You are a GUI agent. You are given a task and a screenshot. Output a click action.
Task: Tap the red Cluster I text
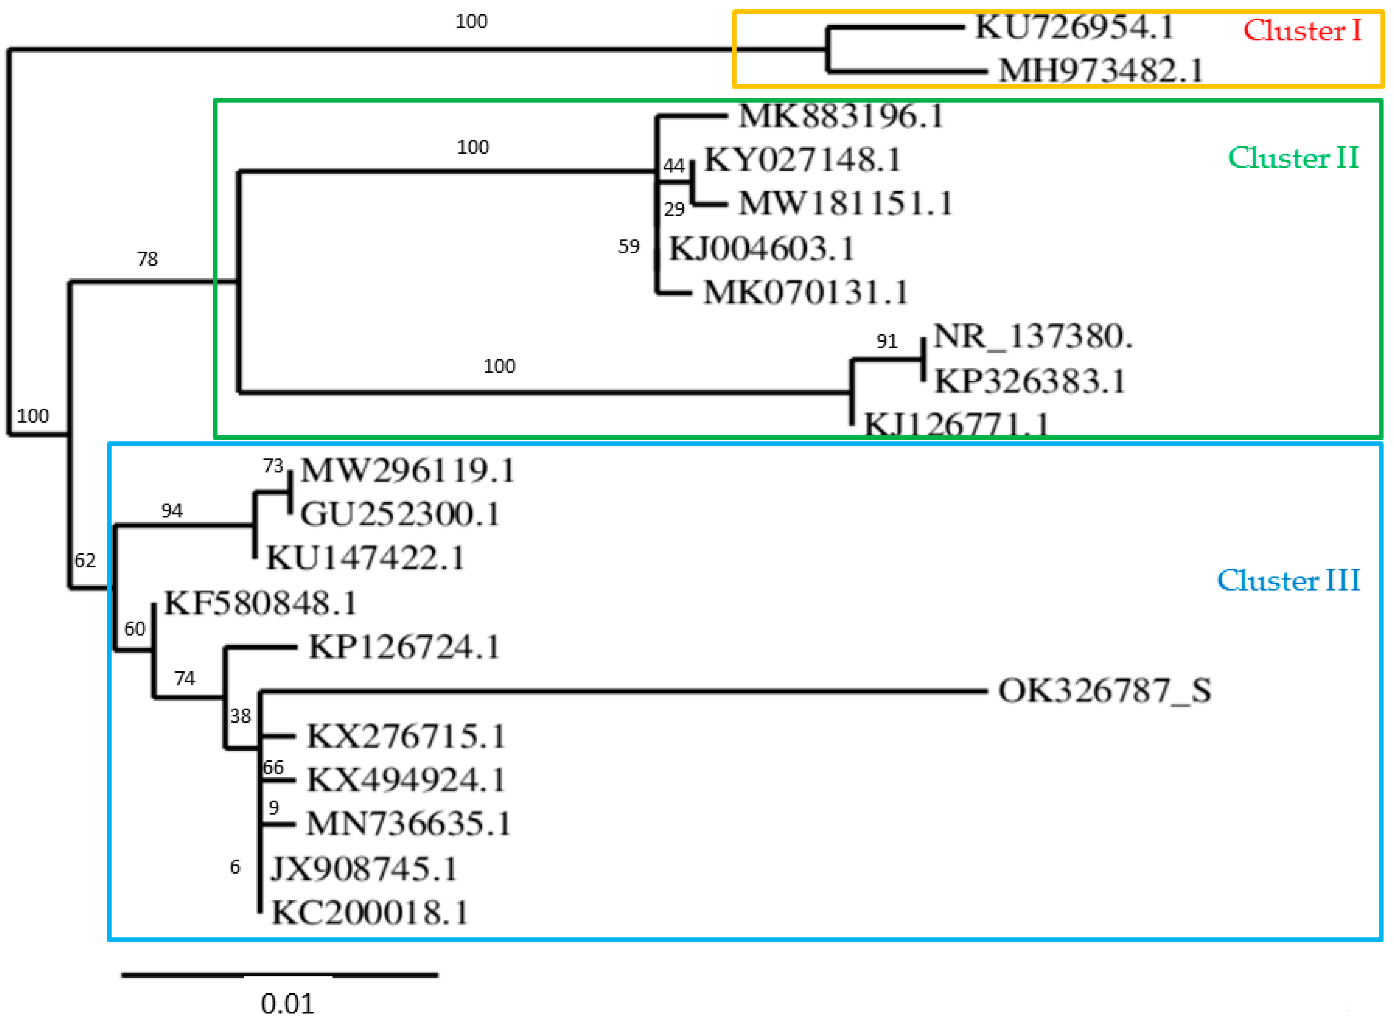pyautogui.click(x=1302, y=31)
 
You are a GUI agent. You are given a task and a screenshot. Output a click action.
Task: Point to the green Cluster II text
pyautogui.click(x=1293, y=158)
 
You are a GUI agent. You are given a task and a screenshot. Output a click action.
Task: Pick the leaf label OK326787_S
pyautogui.click(x=1104, y=691)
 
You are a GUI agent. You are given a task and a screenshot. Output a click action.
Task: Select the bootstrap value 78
pyautogui.click(x=147, y=259)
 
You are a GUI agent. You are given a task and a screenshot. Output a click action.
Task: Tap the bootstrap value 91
pyautogui.click(x=887, y=341)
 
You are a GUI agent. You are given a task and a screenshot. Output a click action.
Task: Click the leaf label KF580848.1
pyautogui.click(x=261, y=604)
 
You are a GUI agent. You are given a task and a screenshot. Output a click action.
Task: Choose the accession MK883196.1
pyautogui.click(x=841, y=116)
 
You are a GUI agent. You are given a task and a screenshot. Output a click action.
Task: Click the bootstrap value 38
pyautogui.click(x=240, y=717)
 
